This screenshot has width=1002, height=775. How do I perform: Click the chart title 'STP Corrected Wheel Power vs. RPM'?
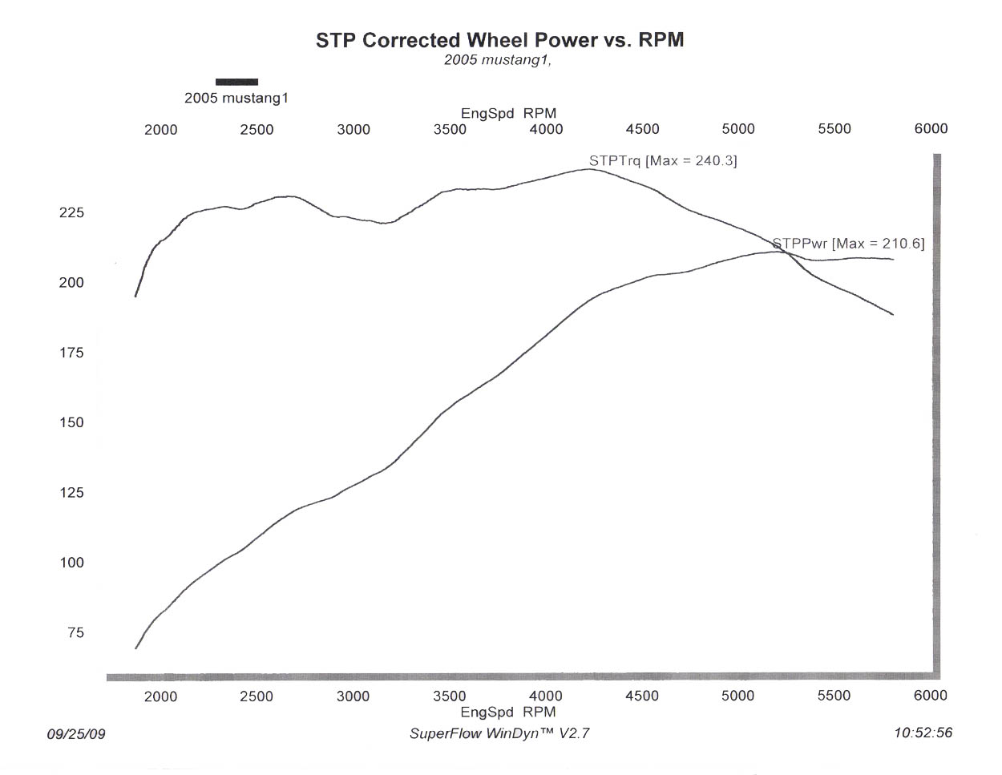pos(499,40)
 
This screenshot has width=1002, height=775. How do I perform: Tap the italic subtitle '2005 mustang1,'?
pos(498,60)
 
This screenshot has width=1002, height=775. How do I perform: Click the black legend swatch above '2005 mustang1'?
pos(236,81)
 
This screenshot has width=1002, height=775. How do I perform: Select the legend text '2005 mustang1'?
pos(236,99)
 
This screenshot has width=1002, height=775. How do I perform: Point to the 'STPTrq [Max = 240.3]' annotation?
pos(663,160)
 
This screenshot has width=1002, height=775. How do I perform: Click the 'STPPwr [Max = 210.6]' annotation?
pos(848,243)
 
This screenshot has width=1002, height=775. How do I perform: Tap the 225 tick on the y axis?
pos(71,213)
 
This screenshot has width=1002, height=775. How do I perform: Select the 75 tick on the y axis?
pos(75,633)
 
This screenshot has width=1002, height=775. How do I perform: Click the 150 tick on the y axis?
pos(71,422)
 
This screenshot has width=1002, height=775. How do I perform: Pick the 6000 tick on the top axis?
pos(931,129)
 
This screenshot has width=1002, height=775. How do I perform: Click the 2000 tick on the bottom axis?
pos(160,696)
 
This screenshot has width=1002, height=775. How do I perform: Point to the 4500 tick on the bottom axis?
pos(642,696)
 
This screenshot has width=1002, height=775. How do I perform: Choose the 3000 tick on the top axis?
pos(354,130)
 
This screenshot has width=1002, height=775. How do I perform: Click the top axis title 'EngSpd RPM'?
pos(508,114)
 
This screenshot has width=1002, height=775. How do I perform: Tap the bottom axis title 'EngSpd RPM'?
pos(508,712)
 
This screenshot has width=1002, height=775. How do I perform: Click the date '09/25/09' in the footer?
pos(76,733)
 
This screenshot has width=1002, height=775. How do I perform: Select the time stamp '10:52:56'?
pos(923,733)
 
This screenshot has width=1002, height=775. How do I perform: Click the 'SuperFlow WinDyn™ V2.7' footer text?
pos(499,733)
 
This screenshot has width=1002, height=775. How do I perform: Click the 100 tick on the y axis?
pos(71,563)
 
